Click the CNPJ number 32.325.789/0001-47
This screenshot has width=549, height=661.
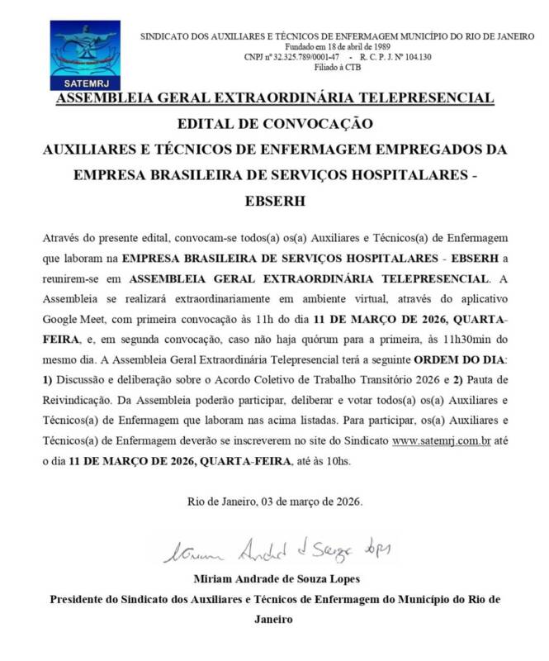point(314,57)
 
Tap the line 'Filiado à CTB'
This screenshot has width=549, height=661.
point(338,68)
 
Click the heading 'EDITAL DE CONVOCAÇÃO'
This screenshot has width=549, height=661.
point(275,125)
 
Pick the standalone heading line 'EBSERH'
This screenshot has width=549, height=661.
point(275,201)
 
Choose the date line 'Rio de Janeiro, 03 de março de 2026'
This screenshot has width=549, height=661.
point(275,502)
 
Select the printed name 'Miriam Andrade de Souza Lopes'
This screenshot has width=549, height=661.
point(275,578)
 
